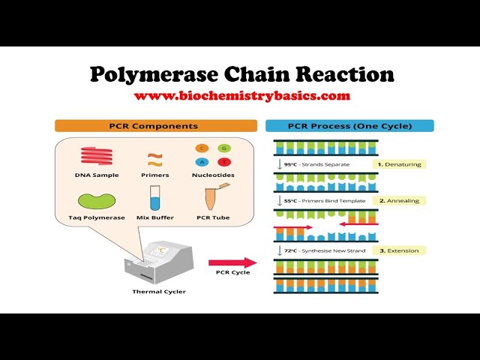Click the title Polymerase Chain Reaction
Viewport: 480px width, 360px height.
tap(241, 74)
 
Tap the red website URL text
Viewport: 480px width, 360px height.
tap(241, 96)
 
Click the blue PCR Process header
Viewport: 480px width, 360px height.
tap(349, 126)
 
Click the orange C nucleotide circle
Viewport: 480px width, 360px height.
tap(201, 148)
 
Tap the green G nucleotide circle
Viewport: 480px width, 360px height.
tap(223, 148)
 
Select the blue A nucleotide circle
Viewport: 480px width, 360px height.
tap(201, 163)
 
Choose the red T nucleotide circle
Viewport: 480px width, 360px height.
tap(223, 163)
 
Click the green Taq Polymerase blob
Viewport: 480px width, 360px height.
tap(97, 200)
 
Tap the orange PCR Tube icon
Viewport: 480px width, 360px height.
tap(214, 197)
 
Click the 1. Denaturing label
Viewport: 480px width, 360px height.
tap(399, 163)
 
